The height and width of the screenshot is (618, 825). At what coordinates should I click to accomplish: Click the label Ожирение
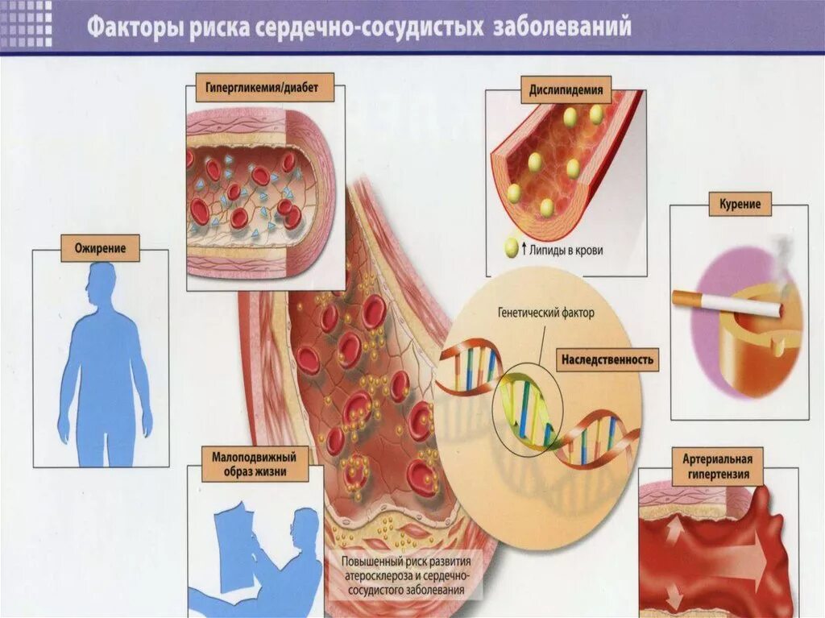coord(100,248)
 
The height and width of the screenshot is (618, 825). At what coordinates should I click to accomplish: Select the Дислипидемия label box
coord(566,90)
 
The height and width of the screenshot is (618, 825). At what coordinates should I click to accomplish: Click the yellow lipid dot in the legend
coord(511,249)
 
